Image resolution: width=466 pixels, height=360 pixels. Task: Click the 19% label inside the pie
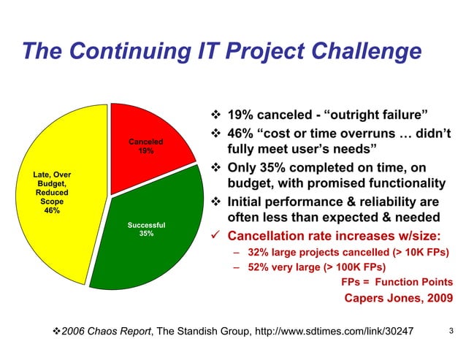[146, 151]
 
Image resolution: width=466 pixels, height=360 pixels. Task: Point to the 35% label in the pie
[146, 234]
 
